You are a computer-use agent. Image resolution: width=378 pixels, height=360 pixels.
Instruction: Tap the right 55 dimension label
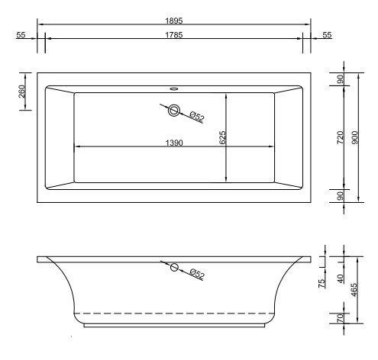point(327,35)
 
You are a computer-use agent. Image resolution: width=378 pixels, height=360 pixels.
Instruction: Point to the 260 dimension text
point(21,95)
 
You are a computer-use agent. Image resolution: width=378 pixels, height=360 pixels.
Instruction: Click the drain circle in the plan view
point(174,111)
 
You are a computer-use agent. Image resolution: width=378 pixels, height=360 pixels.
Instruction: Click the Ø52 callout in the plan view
point(196,117)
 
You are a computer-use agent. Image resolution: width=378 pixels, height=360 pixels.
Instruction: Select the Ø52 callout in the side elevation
point(196,274)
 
